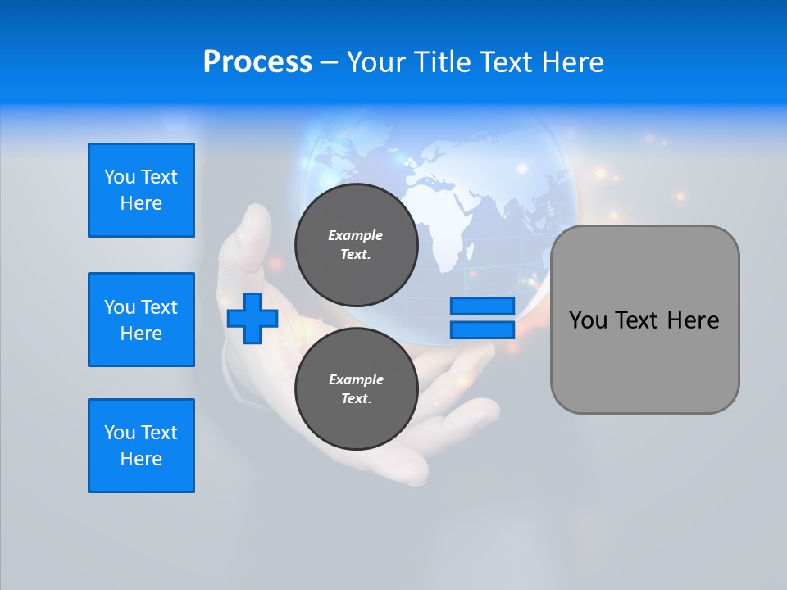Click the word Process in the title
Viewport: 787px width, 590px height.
(257, 62)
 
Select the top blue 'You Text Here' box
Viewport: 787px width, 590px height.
(141, 190)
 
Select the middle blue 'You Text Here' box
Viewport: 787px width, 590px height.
(141, 320)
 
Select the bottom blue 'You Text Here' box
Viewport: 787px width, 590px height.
(141, 446)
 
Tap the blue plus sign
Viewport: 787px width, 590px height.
(252, 318)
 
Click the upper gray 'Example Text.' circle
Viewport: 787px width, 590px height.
(356, 244)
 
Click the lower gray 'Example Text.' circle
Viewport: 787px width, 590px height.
(356, 388)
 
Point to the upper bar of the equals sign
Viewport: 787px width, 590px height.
(482, 306)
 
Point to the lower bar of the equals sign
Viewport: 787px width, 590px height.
(482, 329)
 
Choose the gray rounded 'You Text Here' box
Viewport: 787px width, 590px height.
(644, 320)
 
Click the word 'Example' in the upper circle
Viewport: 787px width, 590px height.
(356, 235)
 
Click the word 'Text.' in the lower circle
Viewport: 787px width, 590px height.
(356, 399)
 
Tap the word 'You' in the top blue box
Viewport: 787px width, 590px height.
(120, 177)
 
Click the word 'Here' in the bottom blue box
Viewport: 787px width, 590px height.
(141, 459)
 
